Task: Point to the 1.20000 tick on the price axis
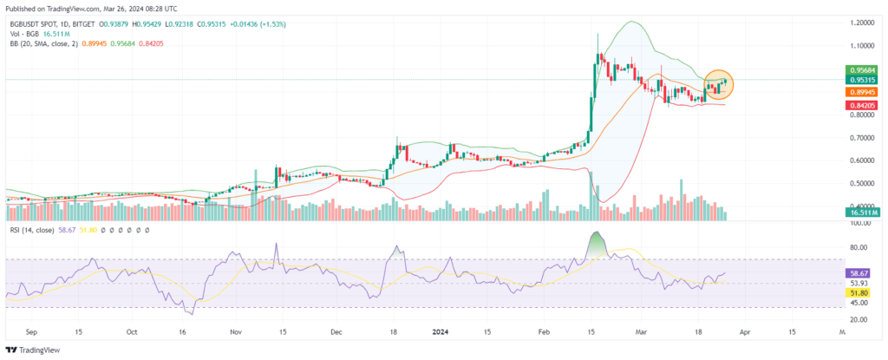pyautogui.click(x=862, y=23)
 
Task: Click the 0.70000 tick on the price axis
pyautogui.click(x=862, y=138)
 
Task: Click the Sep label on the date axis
pyautogui.click(x=31, y=331)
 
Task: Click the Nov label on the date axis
pyautogui.click(x=235, y=331)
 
